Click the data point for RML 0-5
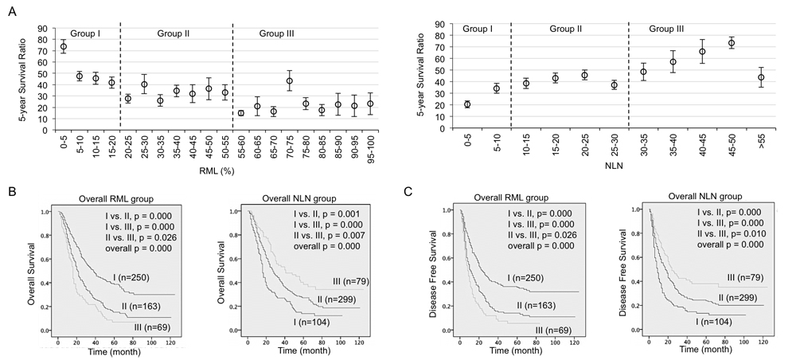64,47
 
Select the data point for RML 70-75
290,81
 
